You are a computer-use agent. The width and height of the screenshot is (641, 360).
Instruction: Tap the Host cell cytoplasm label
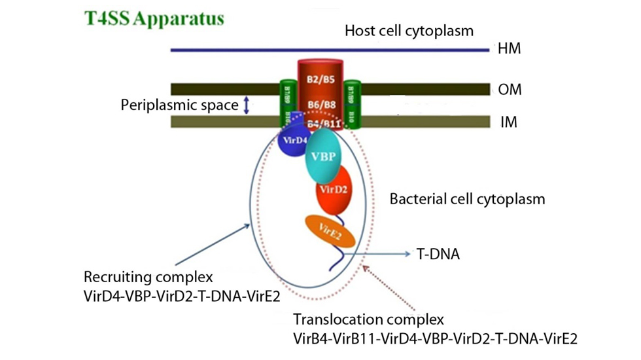pos(409,31)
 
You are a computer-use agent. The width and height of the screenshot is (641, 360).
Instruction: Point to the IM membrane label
pos(508,122)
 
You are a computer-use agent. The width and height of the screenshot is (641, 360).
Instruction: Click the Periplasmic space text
pos(179,105)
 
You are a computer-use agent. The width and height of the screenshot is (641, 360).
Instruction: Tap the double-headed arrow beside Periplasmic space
pos(247,105)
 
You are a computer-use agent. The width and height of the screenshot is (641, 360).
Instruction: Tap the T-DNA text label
pos(438,253)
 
